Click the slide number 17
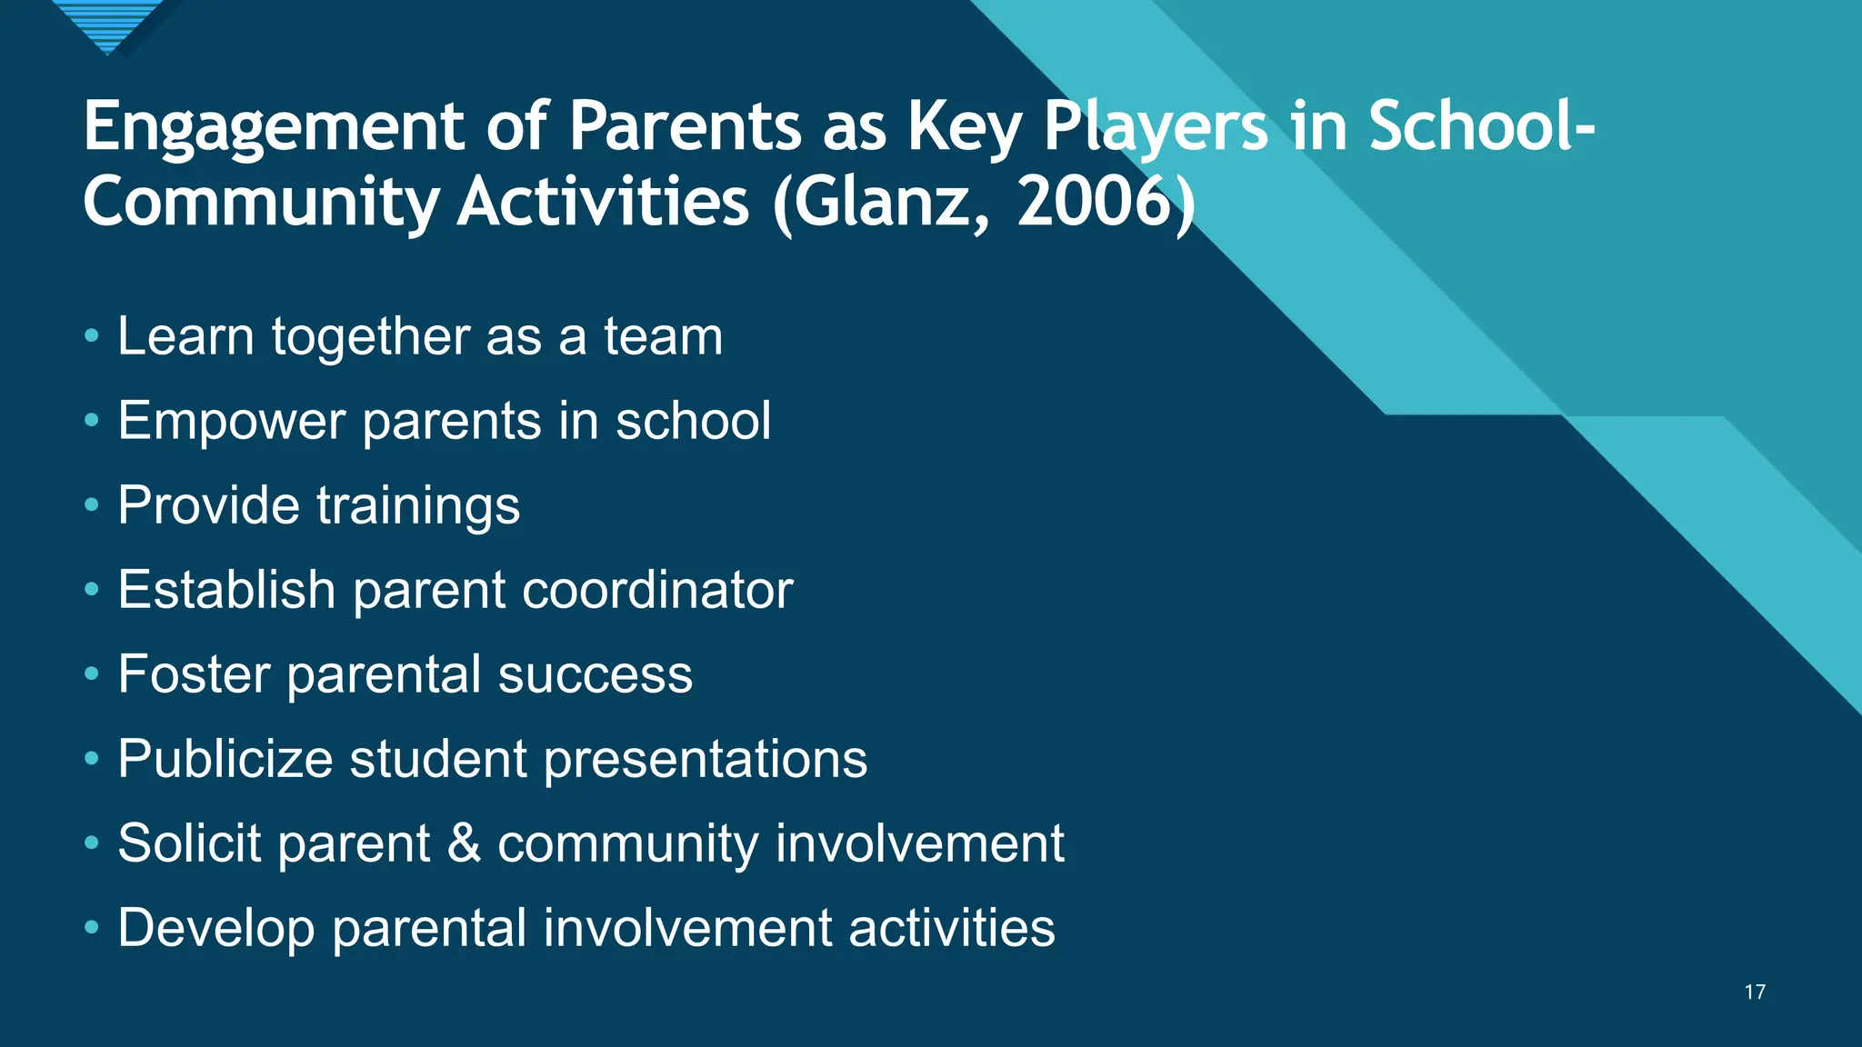pos(1755,992)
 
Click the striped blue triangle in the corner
pos(107,22)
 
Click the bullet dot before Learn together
pos(91,336)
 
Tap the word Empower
pos(232,421)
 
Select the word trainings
pos(418,505)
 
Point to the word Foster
pos(194,674)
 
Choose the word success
pos(595,674)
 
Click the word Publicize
pos(225,759)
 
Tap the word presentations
pos(705,759)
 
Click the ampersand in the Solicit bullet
pos(464,843)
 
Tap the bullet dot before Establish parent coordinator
pos(91,590)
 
